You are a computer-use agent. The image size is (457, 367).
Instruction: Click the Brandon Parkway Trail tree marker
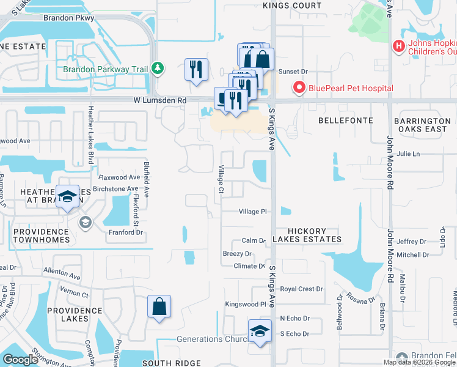tap(158, 68)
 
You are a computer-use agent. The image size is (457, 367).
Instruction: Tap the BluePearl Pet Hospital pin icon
tap(299, 88)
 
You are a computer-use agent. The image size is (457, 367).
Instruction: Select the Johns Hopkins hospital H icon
tap(399, 46)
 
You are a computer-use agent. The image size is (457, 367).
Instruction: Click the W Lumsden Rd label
tap(160, 100)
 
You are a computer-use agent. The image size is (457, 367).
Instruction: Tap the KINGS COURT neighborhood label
tap(291, 6)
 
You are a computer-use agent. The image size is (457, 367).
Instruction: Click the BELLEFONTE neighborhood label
tap(345, 121)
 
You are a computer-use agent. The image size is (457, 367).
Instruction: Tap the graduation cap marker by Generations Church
tap(260, 332)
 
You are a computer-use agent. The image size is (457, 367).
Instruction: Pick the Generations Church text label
tap(208, 339)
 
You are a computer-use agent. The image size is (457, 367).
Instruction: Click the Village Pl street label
tap(253, 212)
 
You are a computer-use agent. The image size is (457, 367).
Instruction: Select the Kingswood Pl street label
tap(246, 304)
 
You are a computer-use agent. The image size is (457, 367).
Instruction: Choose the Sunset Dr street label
tap(291, 72)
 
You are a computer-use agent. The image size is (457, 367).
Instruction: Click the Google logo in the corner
tap(20, 360)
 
